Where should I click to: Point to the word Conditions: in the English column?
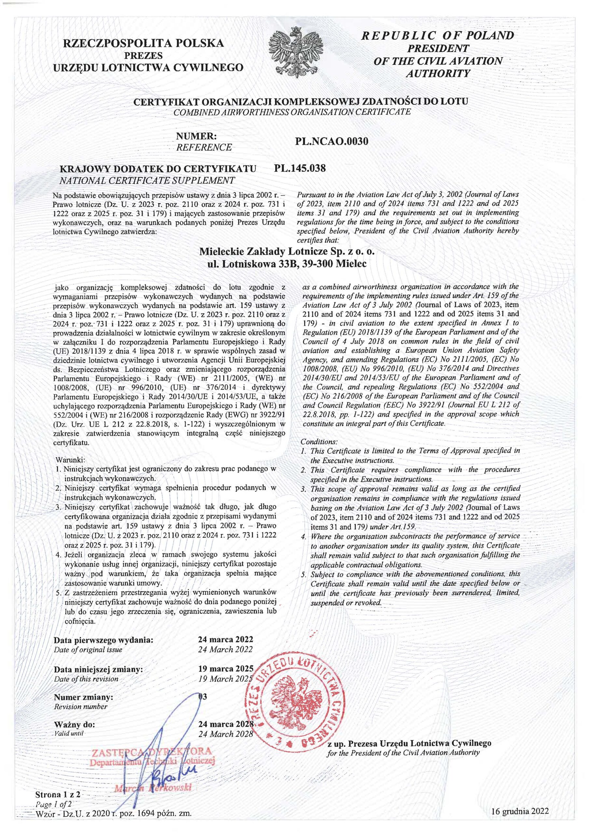[x=319, y=442]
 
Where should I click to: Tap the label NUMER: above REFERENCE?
[x=196, y=136]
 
